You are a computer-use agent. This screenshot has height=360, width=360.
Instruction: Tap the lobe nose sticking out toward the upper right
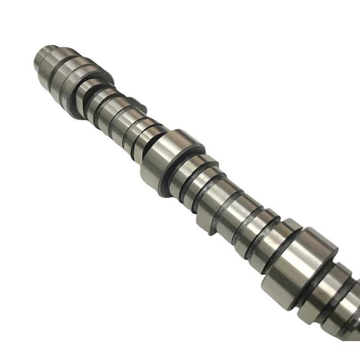137,106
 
